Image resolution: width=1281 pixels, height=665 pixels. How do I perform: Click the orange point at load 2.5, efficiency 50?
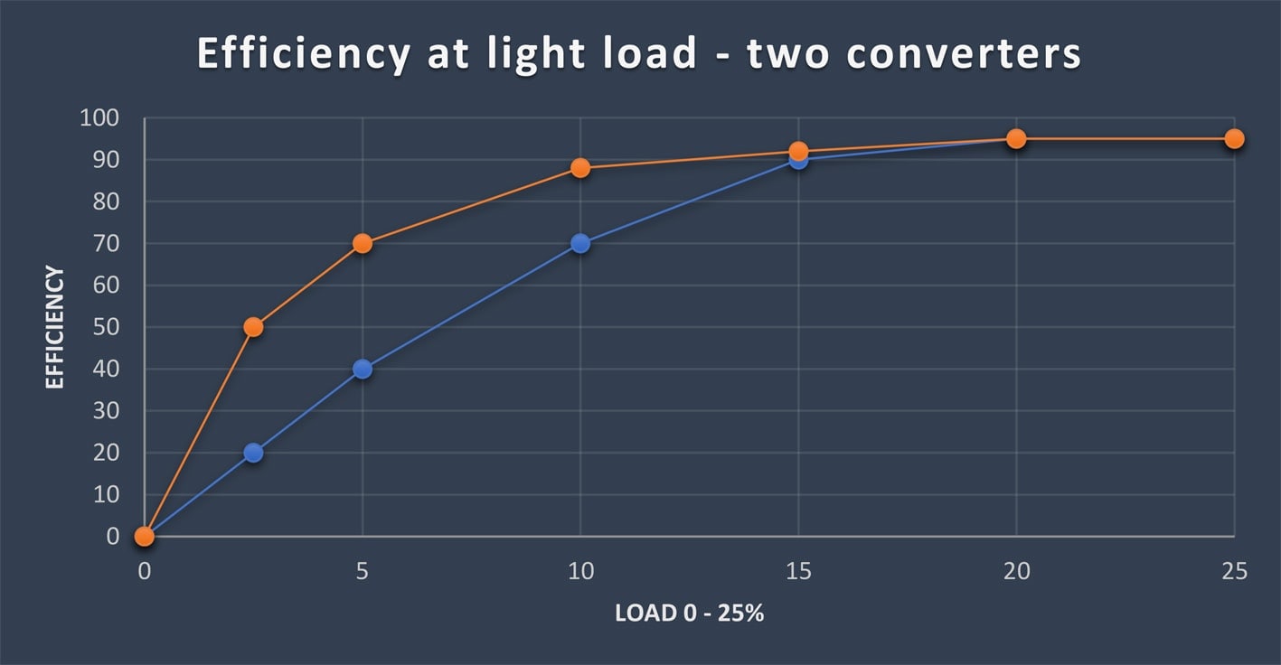tap(253, 327)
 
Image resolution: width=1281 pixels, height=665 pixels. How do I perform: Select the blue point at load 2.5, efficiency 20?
tap(253, 453)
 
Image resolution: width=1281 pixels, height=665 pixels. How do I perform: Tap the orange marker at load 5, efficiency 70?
tap(363, 243)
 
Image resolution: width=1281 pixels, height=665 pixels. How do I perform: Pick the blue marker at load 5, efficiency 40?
tap(363, 369)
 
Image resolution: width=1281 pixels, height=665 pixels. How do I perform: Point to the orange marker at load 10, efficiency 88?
tap(580, 168)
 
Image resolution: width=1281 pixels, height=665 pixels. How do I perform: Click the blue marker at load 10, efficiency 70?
tap(580, 243)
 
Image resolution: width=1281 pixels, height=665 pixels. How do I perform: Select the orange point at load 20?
tap(1016, 139)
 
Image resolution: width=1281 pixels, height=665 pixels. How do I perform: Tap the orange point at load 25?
tap(1234, 139)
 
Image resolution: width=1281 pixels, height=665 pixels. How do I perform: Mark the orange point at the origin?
tap(145, 537)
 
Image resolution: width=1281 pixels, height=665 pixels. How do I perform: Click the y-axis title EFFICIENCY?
tap(55, 327)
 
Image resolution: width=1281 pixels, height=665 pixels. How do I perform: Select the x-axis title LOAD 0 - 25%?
tap(689, 613)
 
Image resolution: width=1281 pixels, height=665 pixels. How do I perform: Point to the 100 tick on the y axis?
tap(100, 118)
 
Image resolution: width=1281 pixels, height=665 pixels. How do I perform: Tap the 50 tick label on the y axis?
tap(107, 327)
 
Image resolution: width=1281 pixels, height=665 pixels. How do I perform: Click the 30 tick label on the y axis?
tap(107, 411)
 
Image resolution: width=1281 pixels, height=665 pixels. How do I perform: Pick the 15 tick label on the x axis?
tap(798, 571)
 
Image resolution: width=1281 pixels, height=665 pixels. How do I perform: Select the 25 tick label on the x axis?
tap(1234, 571)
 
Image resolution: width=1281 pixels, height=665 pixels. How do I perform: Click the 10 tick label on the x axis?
tap(580, 571)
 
